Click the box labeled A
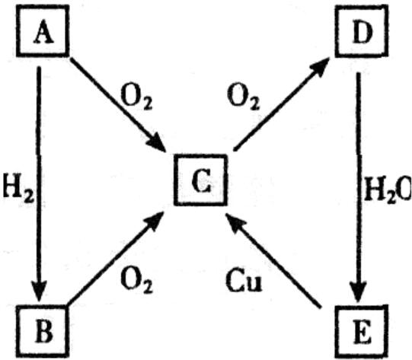[x=43, y=31]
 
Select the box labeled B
[x=43, y=332]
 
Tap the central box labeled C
[x=200, y=180]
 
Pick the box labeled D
[x=362, y=31]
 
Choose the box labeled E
[x=362, y=332]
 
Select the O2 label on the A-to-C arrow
[x=136, y=97]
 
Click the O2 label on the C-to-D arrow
[x=243, y=97]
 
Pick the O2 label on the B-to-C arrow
[x=136, y=281]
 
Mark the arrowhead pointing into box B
[x=39, y=291]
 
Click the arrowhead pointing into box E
[x=358, y=292]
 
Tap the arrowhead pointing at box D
[x=320, y=67]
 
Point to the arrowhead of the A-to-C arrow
[x=156, y=142]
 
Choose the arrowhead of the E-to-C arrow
[x=235, y=222]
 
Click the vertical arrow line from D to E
[x=358, y=187]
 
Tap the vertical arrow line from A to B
[x=39, y=184]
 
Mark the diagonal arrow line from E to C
[x=273, y=260]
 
